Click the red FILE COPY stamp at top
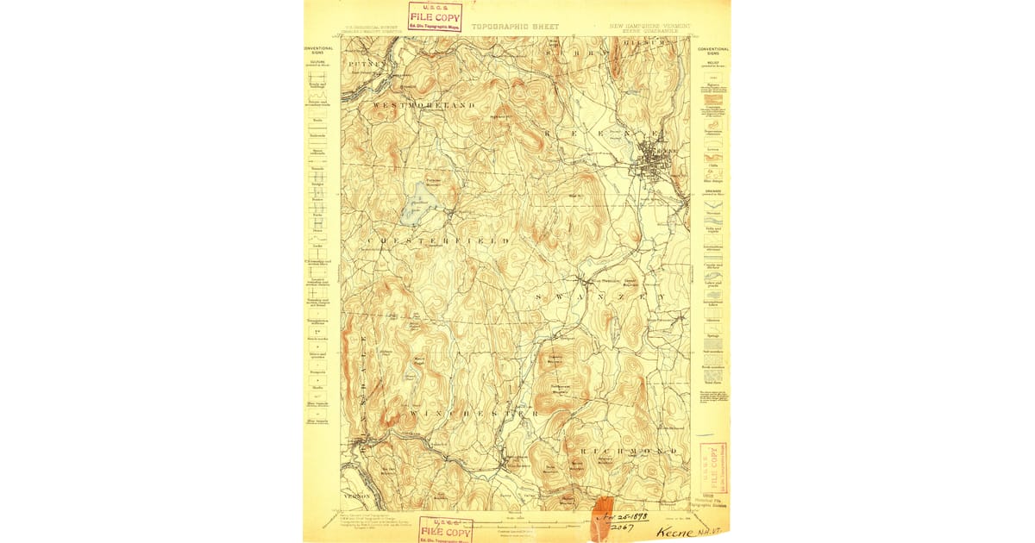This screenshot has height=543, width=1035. (435, 16)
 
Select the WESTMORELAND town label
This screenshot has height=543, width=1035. (424, 104)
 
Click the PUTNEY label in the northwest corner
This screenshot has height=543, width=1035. (361, 64)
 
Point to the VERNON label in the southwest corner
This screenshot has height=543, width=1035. (355, 496)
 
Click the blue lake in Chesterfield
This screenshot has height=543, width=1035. (419, 203)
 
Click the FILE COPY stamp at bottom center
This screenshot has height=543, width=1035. (445, 530)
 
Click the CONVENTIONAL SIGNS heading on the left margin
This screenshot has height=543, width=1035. (318, 50)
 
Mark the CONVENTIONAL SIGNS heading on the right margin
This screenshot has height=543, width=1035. (713, 51)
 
